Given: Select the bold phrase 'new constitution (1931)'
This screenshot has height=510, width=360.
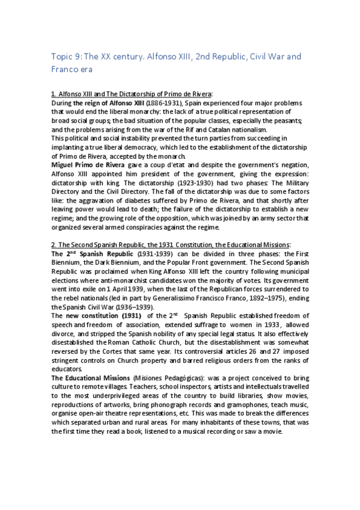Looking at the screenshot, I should [106, 315].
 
